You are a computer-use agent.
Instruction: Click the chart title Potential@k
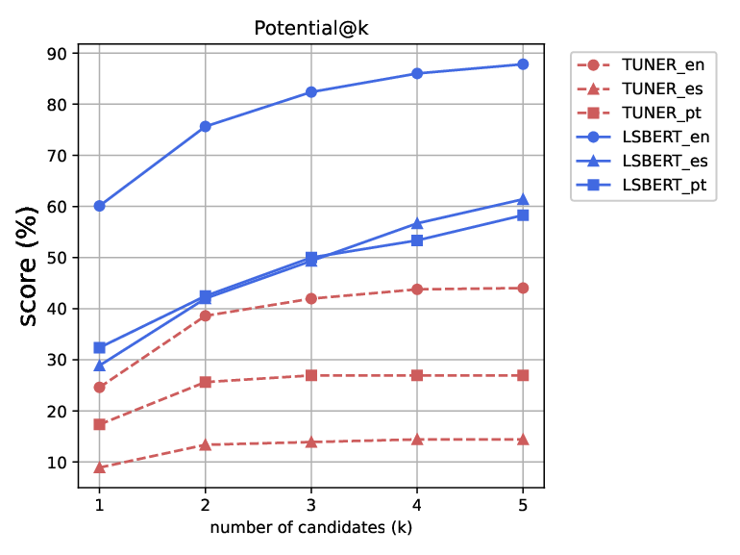(311, 28)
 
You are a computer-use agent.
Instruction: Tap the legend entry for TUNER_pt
(639, 113)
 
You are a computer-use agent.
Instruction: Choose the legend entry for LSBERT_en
(643, 137)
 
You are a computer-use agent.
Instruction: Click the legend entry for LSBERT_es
(642, 161)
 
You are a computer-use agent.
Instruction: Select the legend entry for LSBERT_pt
(641, 185)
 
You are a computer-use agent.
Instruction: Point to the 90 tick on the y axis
(57, 53)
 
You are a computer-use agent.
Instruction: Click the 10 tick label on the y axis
(57, 463)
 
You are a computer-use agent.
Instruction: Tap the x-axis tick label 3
(311, 505)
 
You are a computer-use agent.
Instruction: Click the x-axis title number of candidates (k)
(311, 528)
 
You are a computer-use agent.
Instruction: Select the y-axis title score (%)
(28, 265)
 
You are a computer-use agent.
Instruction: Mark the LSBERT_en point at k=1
(100, 206)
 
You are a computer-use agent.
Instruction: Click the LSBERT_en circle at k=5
(523, 64)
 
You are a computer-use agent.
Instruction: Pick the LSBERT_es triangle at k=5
(523, 200)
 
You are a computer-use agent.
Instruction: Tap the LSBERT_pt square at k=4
(417, 240)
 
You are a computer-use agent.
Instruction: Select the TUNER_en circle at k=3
(311, 298)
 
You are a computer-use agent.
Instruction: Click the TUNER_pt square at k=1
(100, 424)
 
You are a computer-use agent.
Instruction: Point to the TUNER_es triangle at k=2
(206, 444)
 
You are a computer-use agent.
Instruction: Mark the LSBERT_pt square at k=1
(100, 347)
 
